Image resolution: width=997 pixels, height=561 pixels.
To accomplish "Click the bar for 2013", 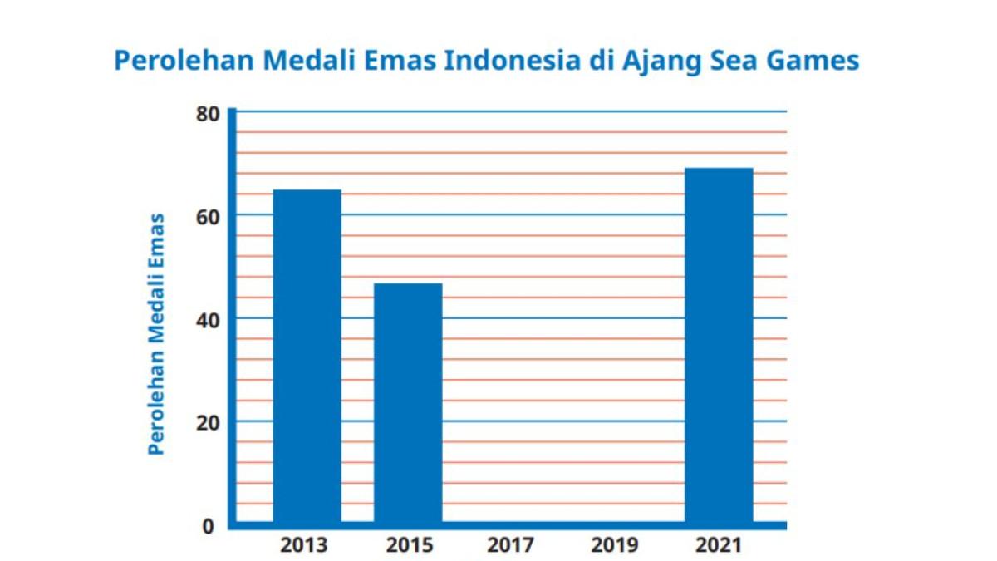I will click(x=307, y=357).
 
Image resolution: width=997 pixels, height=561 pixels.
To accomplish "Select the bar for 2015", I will click(x=408, y=404).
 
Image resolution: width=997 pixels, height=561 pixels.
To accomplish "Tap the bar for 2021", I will click(x=719, y=346).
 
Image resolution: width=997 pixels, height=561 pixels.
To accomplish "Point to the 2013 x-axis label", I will click(x=304, y=546).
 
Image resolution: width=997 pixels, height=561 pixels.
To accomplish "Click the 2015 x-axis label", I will click(x=410, y=546).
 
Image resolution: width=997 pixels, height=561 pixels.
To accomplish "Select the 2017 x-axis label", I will click(x=511, y=546).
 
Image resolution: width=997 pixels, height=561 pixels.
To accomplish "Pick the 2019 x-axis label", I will click(x=615, y=546).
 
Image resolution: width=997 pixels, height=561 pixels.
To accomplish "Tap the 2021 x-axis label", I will click(x=718, y=546).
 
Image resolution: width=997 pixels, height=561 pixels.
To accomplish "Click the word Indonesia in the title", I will click(x=513, y=62).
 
